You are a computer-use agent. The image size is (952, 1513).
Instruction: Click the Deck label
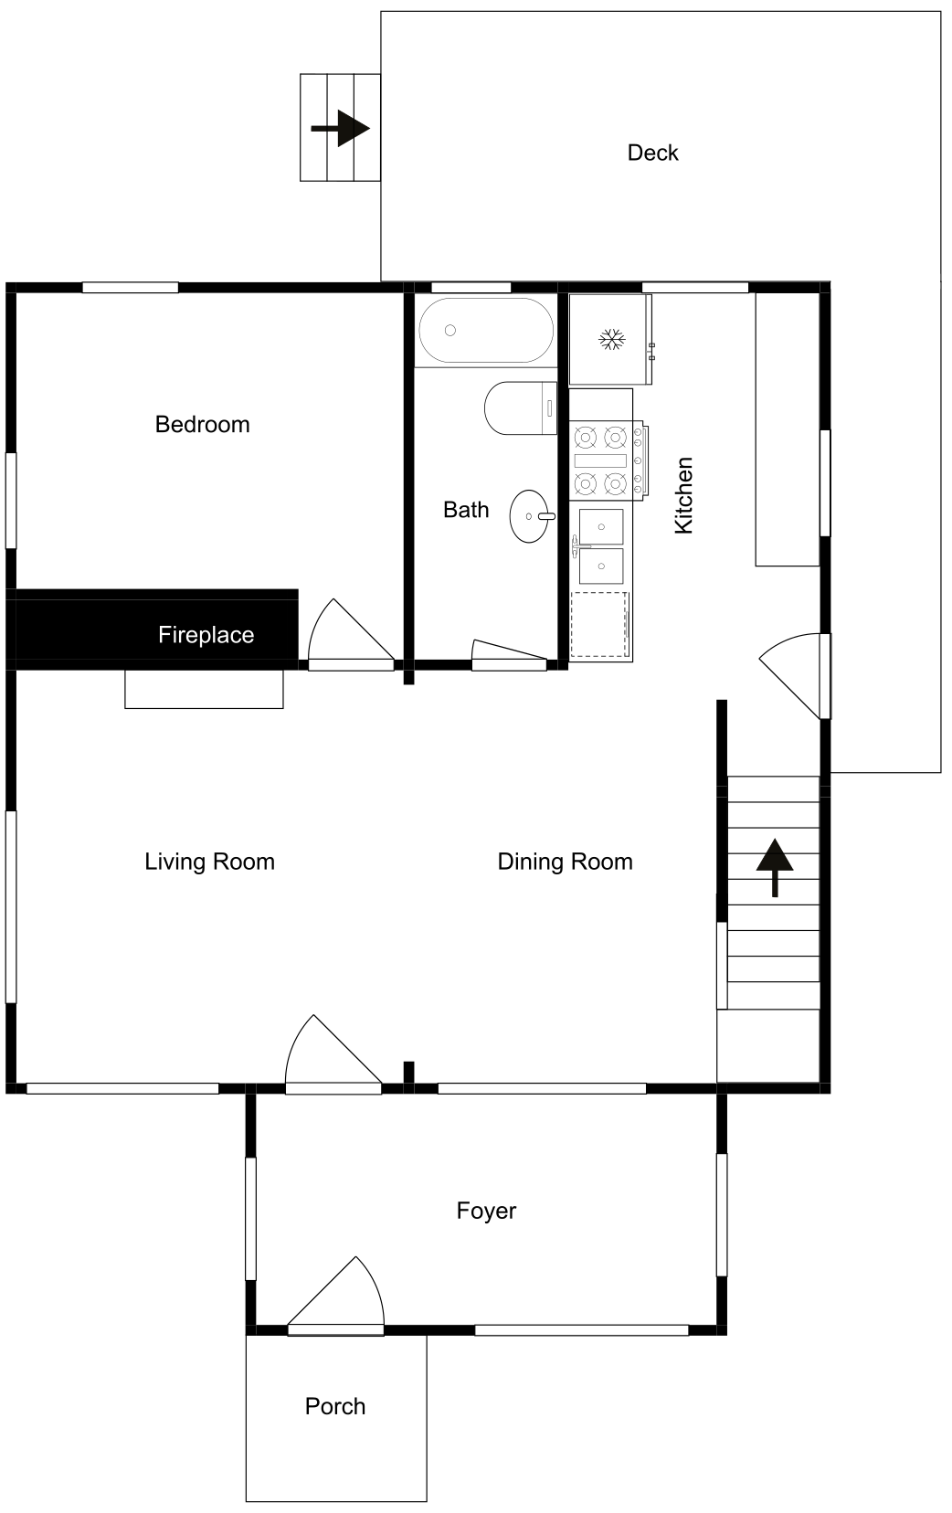coord(652,153)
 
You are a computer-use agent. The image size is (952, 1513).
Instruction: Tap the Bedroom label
coord(202,424)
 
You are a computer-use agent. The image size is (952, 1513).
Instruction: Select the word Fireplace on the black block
coord(206,635)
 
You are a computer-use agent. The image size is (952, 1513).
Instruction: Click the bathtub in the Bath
coord(486,331)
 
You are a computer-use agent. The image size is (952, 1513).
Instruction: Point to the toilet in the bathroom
coord(520,408)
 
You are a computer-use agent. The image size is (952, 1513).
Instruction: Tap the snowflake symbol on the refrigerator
coord(612,339)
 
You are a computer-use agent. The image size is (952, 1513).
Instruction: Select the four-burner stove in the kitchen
coord(607,460)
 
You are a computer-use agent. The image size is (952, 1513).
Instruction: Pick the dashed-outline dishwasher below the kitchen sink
coord(600,625)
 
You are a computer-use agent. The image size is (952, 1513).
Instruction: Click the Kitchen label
coord(683,496)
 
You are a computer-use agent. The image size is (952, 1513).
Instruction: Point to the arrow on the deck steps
coord(341,128)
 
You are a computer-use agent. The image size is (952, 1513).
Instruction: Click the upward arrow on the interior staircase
coord(775,868)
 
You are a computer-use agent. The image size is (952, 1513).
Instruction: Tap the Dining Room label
coord(565,862)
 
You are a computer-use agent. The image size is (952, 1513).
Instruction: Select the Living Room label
coord(209,862)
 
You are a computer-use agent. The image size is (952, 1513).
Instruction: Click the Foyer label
coord(486,1211)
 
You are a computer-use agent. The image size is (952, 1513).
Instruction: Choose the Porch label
coord(335,1406)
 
